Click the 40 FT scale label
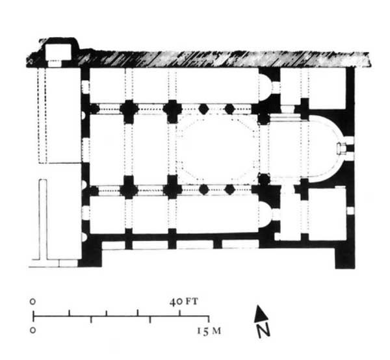coord(184,302)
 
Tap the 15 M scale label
coord(210,331)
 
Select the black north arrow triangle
coord(260,313)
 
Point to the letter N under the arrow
coord(263,331)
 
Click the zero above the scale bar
coord(33,302)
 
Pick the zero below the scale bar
coord(33,330)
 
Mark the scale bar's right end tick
coord(208,318)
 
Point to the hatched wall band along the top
coord(214,59)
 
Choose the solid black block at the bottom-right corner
coord(344,253)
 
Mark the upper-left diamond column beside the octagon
coord(203,108)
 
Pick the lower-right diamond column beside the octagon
coord(229,189)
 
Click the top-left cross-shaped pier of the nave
coord(129,109)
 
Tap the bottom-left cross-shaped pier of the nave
coord(129,189)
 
